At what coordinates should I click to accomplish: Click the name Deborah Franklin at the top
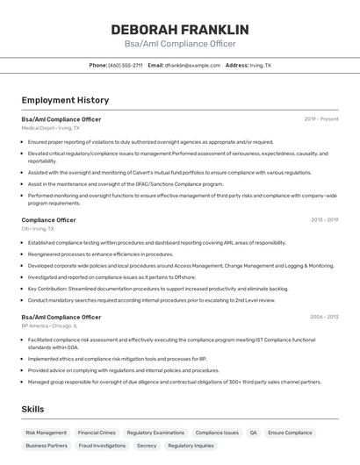pos(179,29)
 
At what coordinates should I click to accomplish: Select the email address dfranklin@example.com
pos(192,65)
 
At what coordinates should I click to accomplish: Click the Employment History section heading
pos(65,100)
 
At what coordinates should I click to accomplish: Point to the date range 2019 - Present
pos(321,118)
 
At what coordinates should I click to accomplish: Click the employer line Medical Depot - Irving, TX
pos(50,127)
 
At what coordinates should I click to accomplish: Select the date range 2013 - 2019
pos(324,219)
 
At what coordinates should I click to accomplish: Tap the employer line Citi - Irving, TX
pos(39,228)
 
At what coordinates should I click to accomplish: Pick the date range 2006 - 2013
pos(324,317)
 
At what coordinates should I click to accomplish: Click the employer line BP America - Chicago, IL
pos(49,325)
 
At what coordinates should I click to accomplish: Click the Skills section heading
pos(32,409)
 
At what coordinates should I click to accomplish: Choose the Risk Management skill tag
pos(46,433)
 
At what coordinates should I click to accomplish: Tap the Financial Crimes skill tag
pos(97,433)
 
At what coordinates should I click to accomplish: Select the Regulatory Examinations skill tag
pos(155,433)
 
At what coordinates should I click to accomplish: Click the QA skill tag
pos(254,433)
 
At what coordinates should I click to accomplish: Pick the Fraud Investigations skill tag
pos(102,446)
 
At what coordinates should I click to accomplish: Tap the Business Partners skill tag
pos(47,446)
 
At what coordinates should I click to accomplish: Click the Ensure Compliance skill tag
pos(291,433)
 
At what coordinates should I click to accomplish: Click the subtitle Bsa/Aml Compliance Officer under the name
pos(179,44)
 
